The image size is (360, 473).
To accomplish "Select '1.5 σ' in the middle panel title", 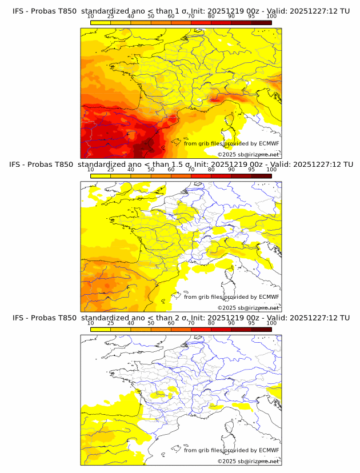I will (x=183, y=165).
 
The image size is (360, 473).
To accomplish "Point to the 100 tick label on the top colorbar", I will (x=271, y=16).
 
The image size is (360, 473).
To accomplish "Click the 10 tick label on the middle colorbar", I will (x=91, y=169).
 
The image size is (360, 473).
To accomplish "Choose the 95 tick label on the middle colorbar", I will (x=251, y=169).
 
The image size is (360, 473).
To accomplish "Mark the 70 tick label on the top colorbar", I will (x=191, y=16).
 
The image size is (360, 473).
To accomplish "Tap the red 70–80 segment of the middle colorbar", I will (x=201, y=175).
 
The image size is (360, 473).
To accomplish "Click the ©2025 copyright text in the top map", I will (x=249, y=154).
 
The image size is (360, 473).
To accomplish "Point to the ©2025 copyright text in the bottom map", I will (x=249, y=461).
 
